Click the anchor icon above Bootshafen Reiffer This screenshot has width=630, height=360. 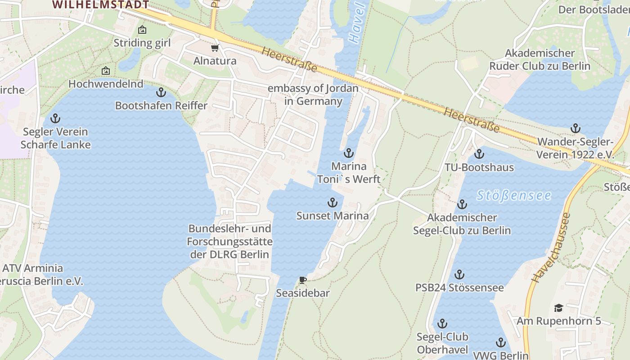click(161, 93)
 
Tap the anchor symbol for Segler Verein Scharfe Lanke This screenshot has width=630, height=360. click(55, 119)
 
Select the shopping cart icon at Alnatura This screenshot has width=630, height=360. click(215, 48)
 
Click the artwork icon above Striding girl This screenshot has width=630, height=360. click(142, 30)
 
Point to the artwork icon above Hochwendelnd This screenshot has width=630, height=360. click(106, 71)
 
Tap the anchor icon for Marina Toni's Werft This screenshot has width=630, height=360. click(349, 153)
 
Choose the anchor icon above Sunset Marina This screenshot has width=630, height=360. click(332, 202)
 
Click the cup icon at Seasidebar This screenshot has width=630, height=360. click(303, 280)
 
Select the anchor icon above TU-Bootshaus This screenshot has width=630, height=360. click(479, 154)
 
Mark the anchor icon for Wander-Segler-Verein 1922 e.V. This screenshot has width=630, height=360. click(576, 129)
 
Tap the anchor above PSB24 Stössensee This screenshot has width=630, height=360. click(459, 274)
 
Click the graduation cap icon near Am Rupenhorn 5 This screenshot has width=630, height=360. click(558, 308)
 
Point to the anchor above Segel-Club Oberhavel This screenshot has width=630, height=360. click(442, 324)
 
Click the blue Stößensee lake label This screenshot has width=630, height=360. click(514, 195)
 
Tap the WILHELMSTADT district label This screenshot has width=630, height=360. click(100, 4)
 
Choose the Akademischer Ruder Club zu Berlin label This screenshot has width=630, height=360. click(540, 59)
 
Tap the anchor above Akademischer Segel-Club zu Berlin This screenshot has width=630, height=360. click(462, 205)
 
